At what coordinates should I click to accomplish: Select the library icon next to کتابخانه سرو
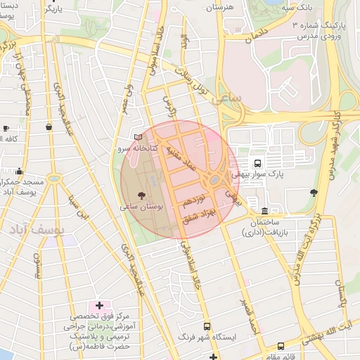[136, 136]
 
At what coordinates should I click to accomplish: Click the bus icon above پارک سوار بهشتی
[257, 162]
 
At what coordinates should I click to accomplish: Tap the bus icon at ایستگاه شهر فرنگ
[207, 326]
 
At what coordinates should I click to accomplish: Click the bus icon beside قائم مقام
[281, 346]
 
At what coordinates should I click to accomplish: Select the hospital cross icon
[99, 306]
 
